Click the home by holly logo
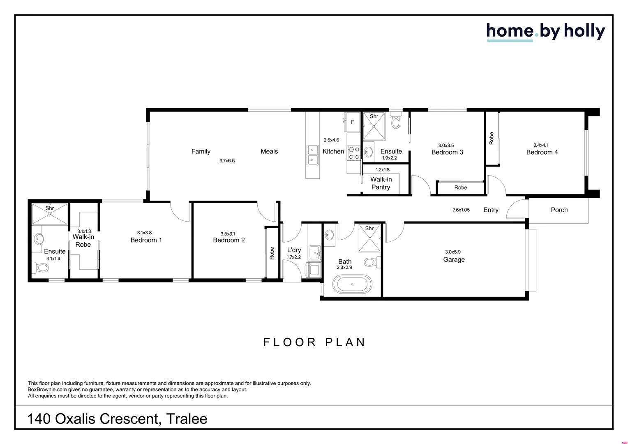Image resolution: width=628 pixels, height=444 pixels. (545, 32)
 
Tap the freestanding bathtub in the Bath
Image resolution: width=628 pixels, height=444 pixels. (352, 284)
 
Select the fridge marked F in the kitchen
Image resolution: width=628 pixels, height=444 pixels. (352, 122)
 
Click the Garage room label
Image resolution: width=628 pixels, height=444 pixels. (454, 259)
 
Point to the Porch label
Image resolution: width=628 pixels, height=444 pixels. (559, 210)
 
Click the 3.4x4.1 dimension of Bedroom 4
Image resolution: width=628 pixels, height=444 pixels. (540, 145)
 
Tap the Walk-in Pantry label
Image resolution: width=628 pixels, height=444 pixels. (381, 183)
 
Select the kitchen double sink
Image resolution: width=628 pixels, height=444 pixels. (312, 155)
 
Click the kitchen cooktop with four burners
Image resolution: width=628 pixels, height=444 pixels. (353, 153)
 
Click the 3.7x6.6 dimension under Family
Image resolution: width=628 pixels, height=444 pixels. (227, 161)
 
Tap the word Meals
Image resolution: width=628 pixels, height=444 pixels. (269, 151)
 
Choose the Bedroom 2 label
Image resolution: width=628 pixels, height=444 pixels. (229, 240)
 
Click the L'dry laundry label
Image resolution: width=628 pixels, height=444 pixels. (294, 250)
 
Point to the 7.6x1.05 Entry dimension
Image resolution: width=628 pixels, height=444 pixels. (461, 210)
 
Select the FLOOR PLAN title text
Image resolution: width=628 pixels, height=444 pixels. (314, 342)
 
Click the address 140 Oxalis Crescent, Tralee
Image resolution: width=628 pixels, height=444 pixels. (117, 419)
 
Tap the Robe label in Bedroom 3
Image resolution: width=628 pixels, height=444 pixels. (460, 187)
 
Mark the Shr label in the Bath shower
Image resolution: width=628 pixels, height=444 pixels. (369, 228)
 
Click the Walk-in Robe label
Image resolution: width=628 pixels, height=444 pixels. (83, 240)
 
